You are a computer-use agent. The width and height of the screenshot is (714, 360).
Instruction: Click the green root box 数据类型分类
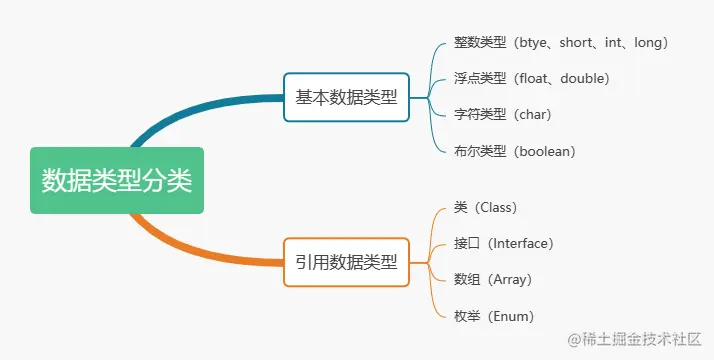(x=116, y=181)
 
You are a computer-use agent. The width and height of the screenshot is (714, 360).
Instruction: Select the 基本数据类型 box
(x=346, y=97)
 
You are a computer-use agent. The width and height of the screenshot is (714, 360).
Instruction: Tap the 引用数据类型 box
(x=346, y=263)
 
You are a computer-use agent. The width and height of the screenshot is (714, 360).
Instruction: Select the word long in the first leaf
(x=646, y=43)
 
